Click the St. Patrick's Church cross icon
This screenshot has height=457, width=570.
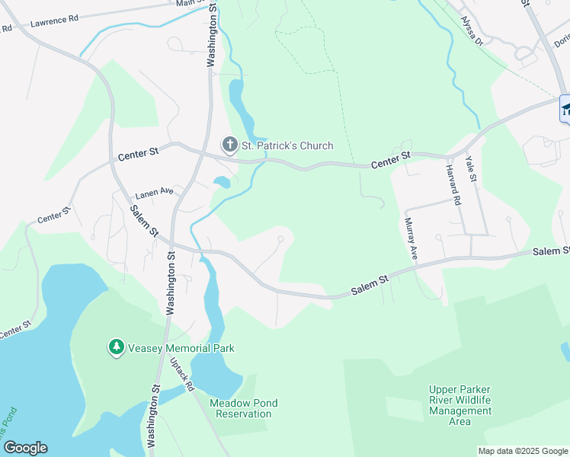coord(229,145)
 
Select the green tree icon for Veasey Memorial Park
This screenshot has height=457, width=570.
coord(116,348)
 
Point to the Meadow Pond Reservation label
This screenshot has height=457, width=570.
coord(243,408)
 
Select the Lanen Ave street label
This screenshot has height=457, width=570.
coord(155,193)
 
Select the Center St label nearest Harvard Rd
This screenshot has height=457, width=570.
coord(391,160)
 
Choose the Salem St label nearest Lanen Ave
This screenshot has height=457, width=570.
coord(143,221)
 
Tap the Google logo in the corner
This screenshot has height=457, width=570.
coord(25,448)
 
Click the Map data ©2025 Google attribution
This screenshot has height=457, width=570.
coord(523,451)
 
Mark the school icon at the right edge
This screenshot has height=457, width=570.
coord(566,109)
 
